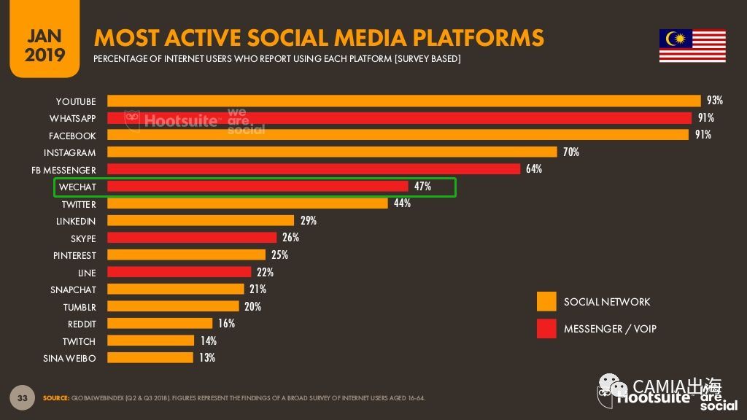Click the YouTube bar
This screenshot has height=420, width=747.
coord(404,101)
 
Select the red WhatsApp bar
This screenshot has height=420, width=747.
coord(399,118)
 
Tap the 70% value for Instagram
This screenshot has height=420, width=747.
coord(571,152)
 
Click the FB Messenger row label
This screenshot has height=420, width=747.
coord(64,170)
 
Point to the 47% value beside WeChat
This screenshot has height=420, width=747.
coord(422,186)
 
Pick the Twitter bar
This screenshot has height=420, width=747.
coord(247,203)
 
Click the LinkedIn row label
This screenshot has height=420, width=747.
coord(76,222)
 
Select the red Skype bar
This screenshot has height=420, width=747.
coord(192,237)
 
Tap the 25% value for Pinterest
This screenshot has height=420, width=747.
coord(279,254)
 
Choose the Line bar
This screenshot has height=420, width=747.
coord(179,271)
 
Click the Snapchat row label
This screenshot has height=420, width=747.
coord(74,290)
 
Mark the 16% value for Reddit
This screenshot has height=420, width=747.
coord(226,323)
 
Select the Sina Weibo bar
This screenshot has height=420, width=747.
coord(150,357)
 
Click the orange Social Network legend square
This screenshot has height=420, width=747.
coord(546,301)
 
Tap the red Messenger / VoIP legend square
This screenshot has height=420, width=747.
coord(546,329)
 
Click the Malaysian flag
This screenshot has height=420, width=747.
coord(692,46)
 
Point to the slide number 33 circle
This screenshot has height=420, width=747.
coord(23,397)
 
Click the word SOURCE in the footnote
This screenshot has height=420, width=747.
coord(55,398)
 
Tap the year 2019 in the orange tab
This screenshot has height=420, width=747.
coord(44,55)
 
